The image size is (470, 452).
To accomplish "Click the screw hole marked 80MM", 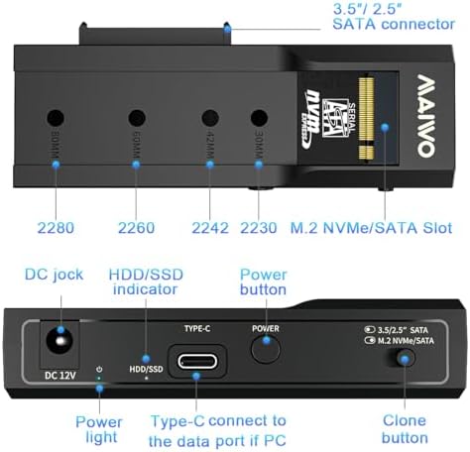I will (55, 116).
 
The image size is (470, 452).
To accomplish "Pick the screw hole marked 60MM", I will (137, 117).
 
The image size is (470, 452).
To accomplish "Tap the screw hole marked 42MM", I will (209, 117).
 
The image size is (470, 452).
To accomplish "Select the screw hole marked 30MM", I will (259, 117).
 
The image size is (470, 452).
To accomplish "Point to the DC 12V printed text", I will (59, 374).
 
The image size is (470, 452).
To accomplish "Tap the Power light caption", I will (100, 429).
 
